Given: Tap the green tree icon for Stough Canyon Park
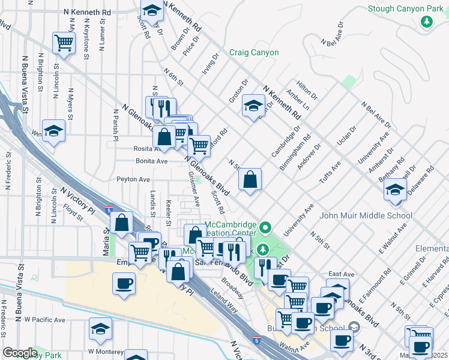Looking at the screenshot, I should [x=427, y=22].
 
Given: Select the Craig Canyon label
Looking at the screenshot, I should [x=254, y=53].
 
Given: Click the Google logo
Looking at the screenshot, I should [x=20, y=353].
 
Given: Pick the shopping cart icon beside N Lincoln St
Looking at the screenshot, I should [x=63, y=42].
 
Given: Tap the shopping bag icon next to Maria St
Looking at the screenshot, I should [x=122, y=223].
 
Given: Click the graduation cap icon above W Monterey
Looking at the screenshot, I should [x=100, y=328].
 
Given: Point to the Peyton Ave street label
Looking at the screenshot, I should [x=133, y=179].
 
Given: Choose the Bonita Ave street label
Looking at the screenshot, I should [x=151, y=161].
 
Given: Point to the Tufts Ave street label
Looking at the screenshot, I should [x=330, y=172].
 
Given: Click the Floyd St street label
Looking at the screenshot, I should [x=73, y=212].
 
